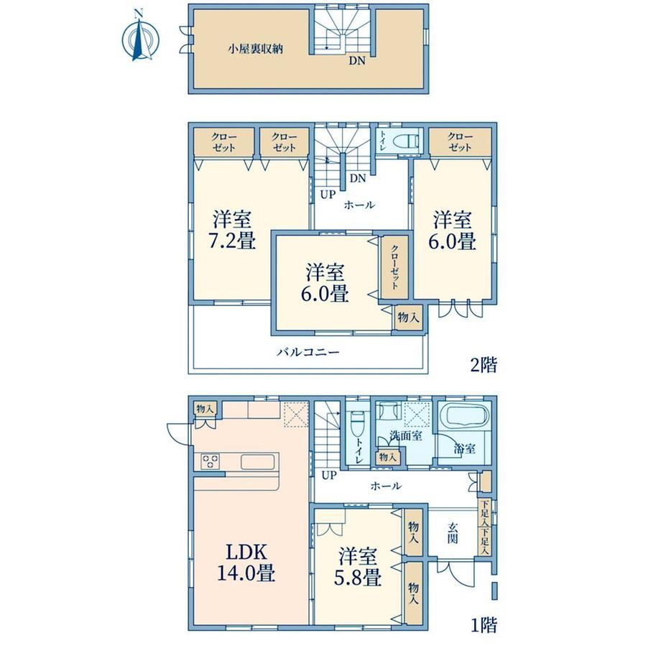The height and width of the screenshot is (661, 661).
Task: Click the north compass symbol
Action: (140, 38)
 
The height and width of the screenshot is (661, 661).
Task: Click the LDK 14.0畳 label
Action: (246, 563)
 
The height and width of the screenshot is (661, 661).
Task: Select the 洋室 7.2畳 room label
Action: (232, 230)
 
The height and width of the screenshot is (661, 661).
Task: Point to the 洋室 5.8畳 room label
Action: (358, 566)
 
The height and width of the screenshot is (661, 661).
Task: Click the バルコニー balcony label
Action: (308, 352)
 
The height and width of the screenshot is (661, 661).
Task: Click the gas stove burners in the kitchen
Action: (210, 461)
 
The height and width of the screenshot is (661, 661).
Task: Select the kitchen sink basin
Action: (257, 462)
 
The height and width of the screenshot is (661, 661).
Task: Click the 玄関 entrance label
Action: (453, 533)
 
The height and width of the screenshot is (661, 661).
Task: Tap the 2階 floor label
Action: (484, 365)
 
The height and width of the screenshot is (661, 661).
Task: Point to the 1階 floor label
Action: (484, 625)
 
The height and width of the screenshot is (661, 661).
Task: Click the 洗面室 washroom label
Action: (406, 436)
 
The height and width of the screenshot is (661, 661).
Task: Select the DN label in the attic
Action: (356, 60)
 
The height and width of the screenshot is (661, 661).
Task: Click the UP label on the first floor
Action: (329, 476)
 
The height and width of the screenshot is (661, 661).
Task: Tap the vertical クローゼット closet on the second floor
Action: (394, 267)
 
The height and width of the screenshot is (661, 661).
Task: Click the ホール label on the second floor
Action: (359, 205)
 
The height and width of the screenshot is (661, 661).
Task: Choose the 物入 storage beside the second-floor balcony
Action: (408, 317)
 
